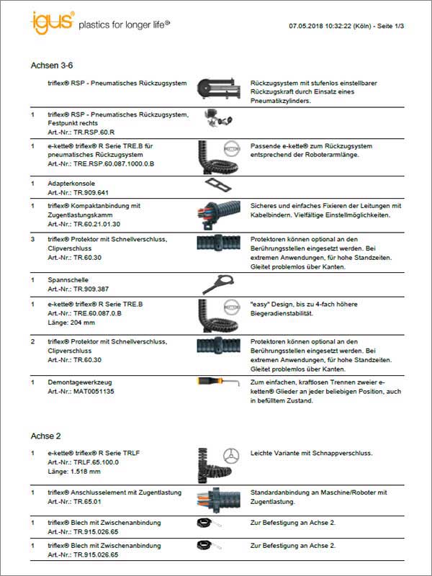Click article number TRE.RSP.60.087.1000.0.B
click(101, 164)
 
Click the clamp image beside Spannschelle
click(217, 282)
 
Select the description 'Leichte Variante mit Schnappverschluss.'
click(311, 453)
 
